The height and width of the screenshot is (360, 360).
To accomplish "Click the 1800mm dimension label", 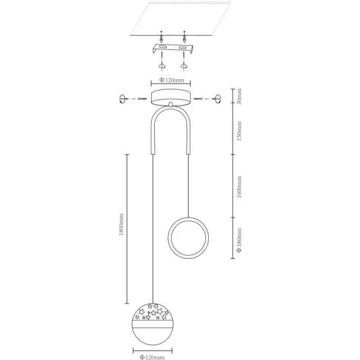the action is click(x=121, y=224).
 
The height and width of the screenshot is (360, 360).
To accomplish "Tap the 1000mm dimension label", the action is click(x=239, y=187).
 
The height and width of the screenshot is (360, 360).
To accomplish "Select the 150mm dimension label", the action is click(x=239, y=131).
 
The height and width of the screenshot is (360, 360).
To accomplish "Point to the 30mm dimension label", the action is click(x=239, y=96).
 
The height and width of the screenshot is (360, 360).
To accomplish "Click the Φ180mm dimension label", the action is click(x=239, y=240).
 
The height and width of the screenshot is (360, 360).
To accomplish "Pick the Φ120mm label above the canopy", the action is click(x=172, y=80).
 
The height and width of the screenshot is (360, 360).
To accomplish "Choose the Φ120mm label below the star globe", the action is click(x=152, y=357).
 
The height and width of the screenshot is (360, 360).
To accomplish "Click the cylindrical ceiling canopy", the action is click(x=171, y=98).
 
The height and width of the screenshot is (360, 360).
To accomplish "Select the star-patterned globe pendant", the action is click(x=153, y=324).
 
